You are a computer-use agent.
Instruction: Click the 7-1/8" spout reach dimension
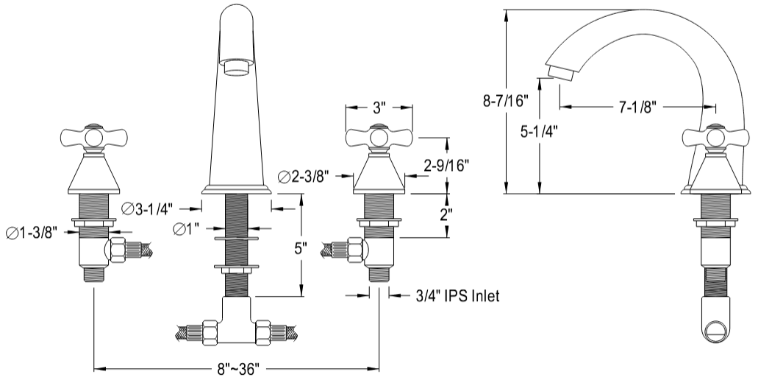click(637, 108)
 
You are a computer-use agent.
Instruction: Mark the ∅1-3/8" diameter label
click(32, 233)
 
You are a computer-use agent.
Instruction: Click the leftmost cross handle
click(93, 137)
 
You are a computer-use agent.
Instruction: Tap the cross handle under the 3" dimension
click(379, 137)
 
